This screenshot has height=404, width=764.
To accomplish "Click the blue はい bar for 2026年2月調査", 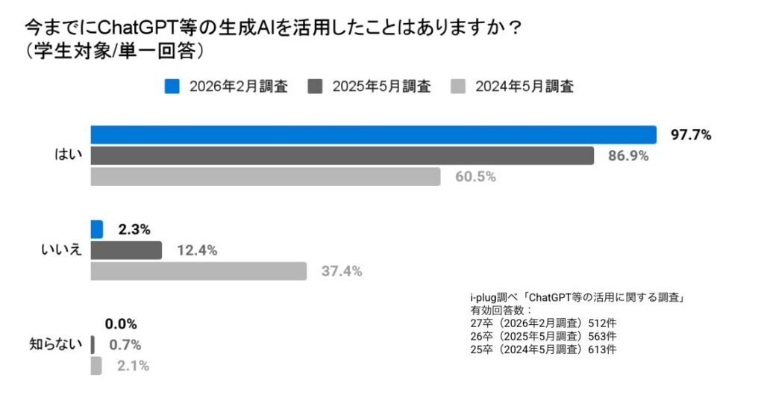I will click(x=373, y=134).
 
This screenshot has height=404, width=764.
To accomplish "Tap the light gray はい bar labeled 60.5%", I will click(x=266, y=176).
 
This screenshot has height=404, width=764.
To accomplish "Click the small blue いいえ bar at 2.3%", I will click(x=97, y=229).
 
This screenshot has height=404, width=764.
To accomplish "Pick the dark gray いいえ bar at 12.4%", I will click(x=126, y=250).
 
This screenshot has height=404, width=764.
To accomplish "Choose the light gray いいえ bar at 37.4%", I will click(x=198, y=271).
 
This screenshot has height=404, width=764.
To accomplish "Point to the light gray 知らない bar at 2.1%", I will click(x=96, y=366).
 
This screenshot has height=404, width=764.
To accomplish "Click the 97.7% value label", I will click(x=691, y=135).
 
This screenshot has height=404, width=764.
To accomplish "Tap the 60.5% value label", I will click(x=476, y=177).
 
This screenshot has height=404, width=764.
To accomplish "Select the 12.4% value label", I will click(x=197, y=251).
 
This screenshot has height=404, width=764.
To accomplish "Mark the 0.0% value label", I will click(x=121, y=324).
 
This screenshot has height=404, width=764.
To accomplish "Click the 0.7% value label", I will click(x=125, y=345).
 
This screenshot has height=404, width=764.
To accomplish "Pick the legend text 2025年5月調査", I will click(x=381, y=86).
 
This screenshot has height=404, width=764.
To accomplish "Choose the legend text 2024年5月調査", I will click(x=525, y=86).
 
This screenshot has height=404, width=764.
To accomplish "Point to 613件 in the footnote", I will click(x=601, y=349).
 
